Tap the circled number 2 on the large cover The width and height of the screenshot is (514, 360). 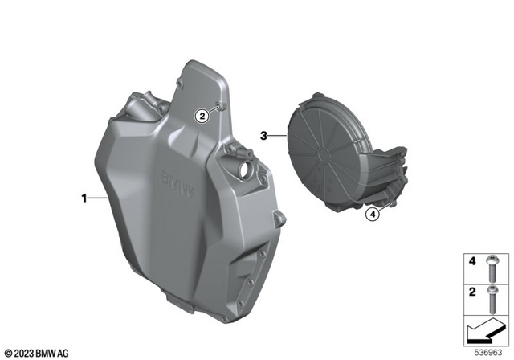[203, 116]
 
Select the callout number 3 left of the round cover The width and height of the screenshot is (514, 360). [263, 137]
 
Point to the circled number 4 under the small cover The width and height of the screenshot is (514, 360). [372, 215]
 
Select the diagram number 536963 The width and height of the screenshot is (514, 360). [489, 351]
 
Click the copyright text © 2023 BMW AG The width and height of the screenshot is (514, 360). [37, 352]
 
